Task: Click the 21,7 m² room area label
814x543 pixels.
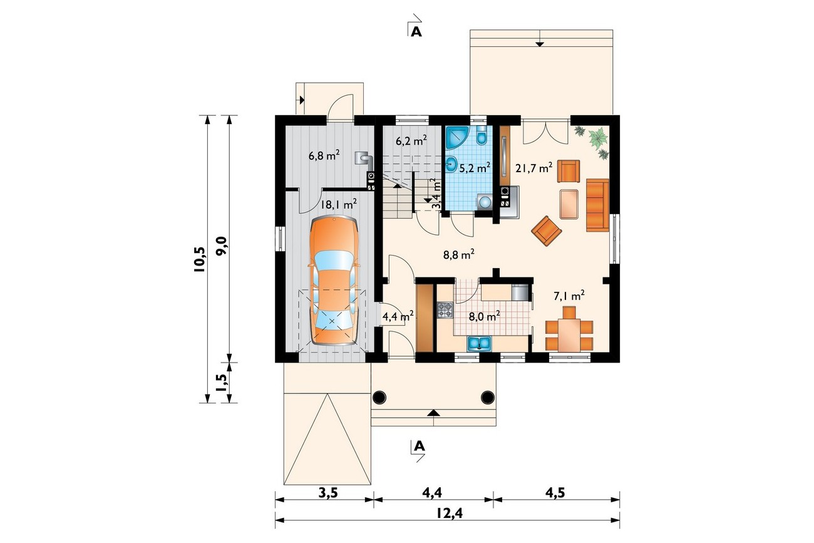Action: coord(534,168)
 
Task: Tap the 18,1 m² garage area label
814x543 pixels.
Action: coord(338,204)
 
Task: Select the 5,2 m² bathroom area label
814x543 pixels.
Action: coord(475,168)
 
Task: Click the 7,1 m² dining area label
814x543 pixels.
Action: coord(569,296)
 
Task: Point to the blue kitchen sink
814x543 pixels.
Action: coord(479,343)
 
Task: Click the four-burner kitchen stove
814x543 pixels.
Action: coord(445,311)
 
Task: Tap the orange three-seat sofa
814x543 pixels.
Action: coord(597,205)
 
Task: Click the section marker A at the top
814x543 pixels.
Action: coord(416,32)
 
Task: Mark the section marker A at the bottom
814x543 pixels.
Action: coord(419,445)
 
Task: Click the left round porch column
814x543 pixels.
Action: coord(379,397)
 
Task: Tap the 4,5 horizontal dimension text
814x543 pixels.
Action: coord(555,493)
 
